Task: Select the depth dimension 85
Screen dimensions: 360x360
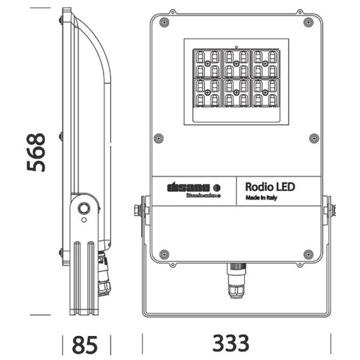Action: pos(85,344)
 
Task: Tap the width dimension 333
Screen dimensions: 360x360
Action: pos(230,343)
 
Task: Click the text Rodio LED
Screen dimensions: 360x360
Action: pos(270,187)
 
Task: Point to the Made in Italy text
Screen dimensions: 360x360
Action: pos(261,198)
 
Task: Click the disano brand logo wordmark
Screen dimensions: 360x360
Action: pos(186,188)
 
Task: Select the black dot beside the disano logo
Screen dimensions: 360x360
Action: pos(217,188)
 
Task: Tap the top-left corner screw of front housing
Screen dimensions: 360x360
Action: pos(163,22)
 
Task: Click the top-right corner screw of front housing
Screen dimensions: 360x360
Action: pos(308,22)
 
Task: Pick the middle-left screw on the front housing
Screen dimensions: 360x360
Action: pos(159,138)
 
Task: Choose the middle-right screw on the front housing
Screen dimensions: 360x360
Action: pos(313,138)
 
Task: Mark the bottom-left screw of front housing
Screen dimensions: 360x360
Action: pos(163,254)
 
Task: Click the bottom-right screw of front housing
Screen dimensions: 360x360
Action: pos(308,254)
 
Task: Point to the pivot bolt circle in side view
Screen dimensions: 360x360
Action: pos(84,209)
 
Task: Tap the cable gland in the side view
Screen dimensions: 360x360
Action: pos(105,276)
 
